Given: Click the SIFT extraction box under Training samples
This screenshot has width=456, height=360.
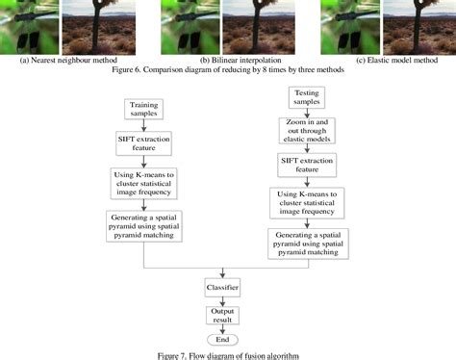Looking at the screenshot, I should click(142, 141).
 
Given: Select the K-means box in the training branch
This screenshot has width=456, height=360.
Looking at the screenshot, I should click(142, 180).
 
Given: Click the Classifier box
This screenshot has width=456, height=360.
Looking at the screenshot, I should click(222, 288).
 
